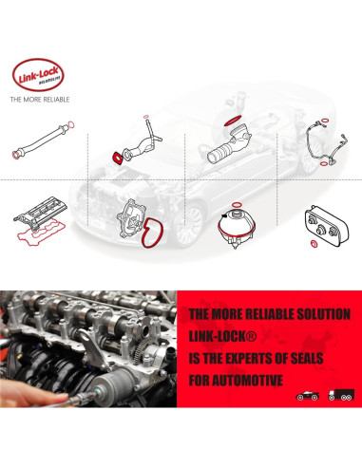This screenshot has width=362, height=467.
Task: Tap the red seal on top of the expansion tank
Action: [x=234, y=206]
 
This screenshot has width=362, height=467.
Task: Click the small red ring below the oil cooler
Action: [x=314, y=258]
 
